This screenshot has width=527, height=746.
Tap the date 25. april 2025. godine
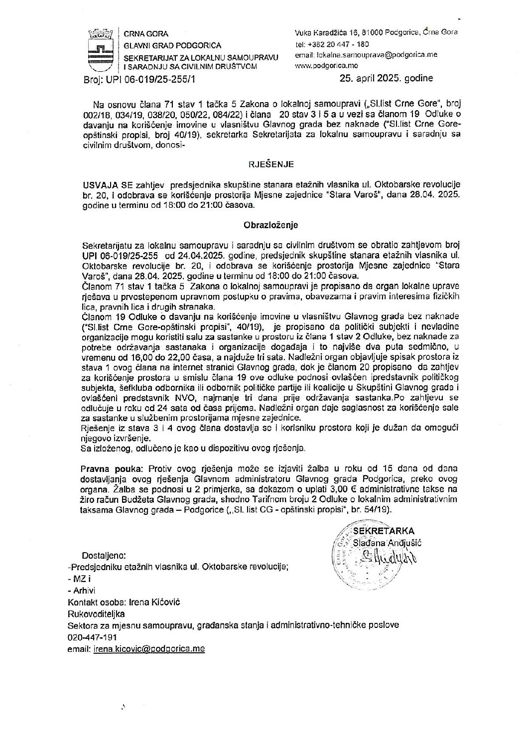(x=386, y=78)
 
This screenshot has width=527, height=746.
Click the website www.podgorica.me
(x=326, y=65)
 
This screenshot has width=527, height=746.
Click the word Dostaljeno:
(x=104, y=555)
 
